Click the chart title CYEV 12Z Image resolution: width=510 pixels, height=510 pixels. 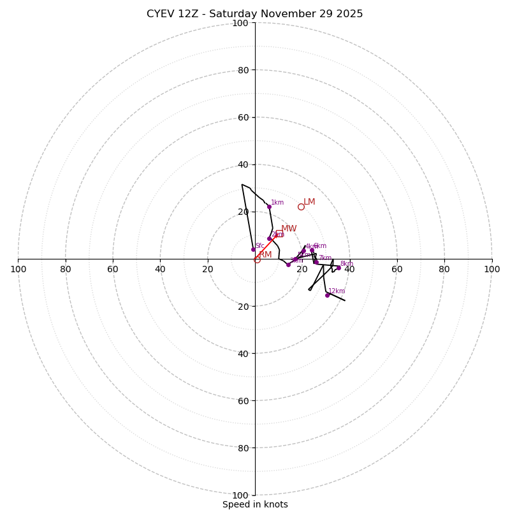[254, 14]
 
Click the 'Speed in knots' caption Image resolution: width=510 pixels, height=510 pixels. [255, 504]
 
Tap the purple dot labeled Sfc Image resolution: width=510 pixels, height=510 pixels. [253, 249]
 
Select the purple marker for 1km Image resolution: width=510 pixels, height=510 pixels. [269, 207]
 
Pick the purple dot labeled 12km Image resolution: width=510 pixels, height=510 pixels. [328, 295]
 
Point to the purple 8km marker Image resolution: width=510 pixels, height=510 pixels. [339, 259]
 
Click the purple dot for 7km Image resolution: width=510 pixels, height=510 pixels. [316, 262]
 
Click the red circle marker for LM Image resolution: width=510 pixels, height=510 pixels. [301, 207]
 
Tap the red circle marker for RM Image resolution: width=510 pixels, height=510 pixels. [257, 259]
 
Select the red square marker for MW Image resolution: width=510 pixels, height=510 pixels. [279, 234]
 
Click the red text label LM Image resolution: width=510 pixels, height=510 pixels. [309, 202]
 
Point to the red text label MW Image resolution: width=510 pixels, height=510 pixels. [289, 229]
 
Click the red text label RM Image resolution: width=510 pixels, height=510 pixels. [265, 255]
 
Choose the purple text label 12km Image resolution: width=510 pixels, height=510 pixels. [337, 291]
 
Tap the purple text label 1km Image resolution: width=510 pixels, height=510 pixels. [277, 203]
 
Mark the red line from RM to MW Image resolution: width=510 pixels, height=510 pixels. [267, 247]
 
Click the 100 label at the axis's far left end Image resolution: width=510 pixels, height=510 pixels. [18, 269]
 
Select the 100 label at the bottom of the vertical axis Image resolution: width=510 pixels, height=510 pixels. [240, 495]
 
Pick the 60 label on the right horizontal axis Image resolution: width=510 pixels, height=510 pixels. [397, 269]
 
